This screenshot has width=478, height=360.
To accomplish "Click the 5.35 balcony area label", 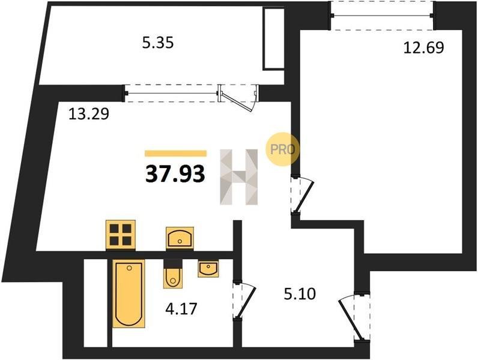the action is pyautogui.click(x=158, y=43).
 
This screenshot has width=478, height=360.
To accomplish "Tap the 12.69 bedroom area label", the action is pyautogui.click(x=423, y=47).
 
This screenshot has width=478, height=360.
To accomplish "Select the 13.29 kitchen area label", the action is pyautogui.click(x=89, y=114).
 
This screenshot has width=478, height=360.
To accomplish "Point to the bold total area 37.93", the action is pyautogui.click(x=175, y=174).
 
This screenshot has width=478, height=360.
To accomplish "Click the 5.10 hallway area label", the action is pyautogui.click(x=300, y=294).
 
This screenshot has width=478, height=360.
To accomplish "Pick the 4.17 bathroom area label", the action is pyautogui.click(x=181, y=309).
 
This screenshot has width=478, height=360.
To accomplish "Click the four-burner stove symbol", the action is pyautogui.click(x=121, y=235).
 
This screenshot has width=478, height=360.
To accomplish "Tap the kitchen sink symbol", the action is pyautogui.click(x=180, y=238).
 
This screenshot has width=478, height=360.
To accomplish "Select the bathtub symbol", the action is pyautogui.click(x=129, y=293).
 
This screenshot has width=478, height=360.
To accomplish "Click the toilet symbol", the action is pyautogui.click(x=173, y=274).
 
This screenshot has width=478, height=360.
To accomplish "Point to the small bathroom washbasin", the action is pyautogui.click(x=208, y=269).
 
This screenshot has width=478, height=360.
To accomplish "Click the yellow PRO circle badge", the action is pyautogui.click(x=282, y=149).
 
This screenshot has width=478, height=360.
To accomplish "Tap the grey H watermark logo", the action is pyautogui.click(x=238, y=176).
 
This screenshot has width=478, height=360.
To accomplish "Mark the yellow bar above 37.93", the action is pyautogui.click(x=175, y=153).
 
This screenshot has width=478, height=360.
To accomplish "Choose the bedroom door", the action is pyautogui.click(x=302, y=195).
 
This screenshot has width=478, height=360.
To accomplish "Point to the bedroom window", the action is pyautogui.click(x=382, y=16).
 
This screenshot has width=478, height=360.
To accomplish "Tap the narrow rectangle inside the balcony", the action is pyautogui.click(x=274, y=38).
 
